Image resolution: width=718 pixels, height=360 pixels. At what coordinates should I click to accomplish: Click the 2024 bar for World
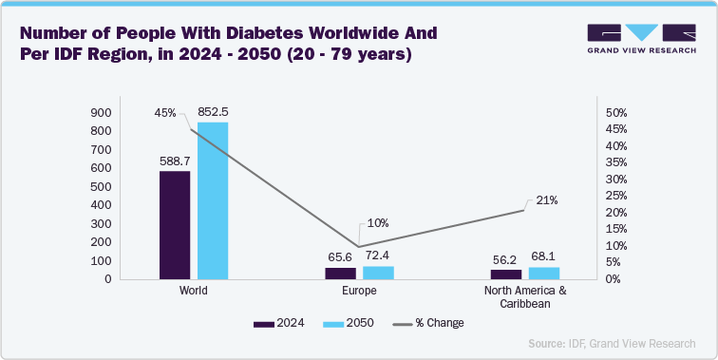pyautogui.click(x=175, y=225)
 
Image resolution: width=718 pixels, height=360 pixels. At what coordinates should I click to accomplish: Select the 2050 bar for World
pyautogui.click(x=212, y=200)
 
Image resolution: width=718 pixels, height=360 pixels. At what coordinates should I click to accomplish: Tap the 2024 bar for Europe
pyautogui.click(x=340, y=274)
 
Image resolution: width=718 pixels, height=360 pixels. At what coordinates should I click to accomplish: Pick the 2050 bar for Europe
pyautogui.click(x=377, y=273)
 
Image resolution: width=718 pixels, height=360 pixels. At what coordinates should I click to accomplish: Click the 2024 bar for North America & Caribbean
pyautogui.click(x=506, y=275)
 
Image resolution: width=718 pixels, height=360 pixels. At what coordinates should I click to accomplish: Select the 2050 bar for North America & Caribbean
pyautogui.click(x=543, y=274)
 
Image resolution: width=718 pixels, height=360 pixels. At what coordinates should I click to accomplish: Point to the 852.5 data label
pyautogui.click(x=212, y=112)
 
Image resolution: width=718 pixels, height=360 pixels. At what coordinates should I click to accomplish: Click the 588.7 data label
pyautogui.click(x=175, y=161)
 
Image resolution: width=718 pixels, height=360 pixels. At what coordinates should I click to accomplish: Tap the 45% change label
pyautogui.click(x=165, y=113)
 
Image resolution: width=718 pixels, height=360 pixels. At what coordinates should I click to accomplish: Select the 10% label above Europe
pyautogui.click(x=377, y=223)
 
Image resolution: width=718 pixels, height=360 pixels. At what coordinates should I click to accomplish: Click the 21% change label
pyautogui.click(x=546, y=200)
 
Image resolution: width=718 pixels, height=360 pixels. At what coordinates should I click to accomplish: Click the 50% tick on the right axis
pyautogui.click(x=615, y=113)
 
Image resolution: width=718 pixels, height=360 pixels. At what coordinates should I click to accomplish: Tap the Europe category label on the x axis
pyautogui.click(x=359, y=291)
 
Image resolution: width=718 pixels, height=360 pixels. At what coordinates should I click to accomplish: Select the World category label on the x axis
pyautogui.click(x=193, y=291)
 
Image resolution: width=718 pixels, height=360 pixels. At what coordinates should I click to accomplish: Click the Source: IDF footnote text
pyautogui.click(x=608, y=343)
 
